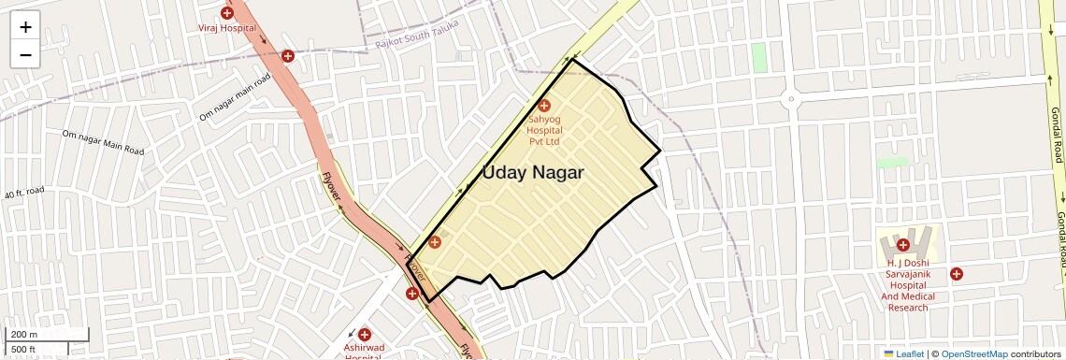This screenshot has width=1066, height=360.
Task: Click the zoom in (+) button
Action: pos(25,26)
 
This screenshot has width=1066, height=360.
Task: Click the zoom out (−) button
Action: pos(25,54)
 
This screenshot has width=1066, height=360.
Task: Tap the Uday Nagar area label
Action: pos(533,173)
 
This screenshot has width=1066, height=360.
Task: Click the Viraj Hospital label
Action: pos(226,29)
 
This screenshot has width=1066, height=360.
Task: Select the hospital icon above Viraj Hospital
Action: pos(226,13)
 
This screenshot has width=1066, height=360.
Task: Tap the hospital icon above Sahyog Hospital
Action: pos(543,106)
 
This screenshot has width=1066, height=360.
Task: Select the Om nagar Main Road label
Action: pos(103,142)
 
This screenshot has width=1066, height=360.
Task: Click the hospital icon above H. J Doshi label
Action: pos(903,245)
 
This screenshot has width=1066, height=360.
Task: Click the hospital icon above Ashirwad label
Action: pos(364,334)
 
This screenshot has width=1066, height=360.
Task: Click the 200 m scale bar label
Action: pos(23,335)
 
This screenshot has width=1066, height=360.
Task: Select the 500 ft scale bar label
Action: pos(22,350)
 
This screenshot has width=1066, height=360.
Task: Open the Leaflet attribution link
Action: pos(904,353)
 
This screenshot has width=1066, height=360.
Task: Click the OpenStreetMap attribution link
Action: pos(973,353)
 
